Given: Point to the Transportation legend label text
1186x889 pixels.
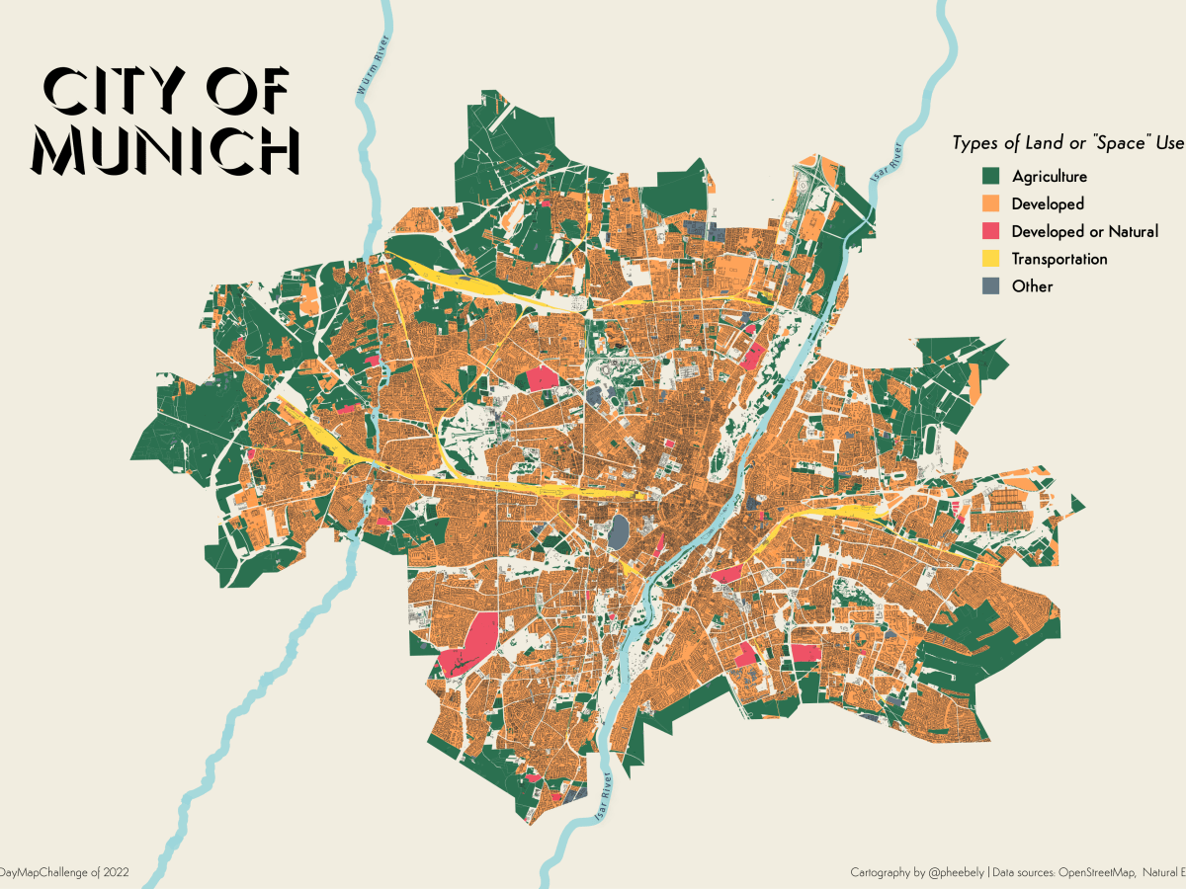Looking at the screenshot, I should coord(1059,259).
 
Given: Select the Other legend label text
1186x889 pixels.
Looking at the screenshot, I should coord(1032,286).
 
